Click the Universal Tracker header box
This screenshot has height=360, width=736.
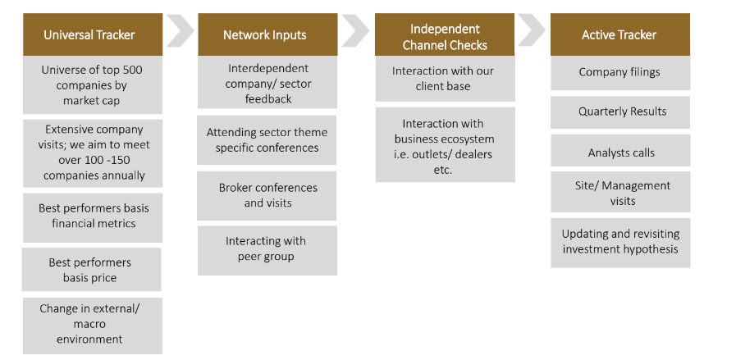pyautogui.click(x=89, y=34)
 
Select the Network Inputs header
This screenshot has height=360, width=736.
pyautogui.click(x=266, y=34)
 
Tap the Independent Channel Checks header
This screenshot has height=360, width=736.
pyautogui.click(x=445, y=37)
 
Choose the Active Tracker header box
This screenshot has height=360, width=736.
pyautogui.click(x=619, y=34)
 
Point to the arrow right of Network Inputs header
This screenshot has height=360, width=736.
pyautogui.click(x=355, y=31)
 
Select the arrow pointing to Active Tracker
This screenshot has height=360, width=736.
pyautogui.click(x=531, y=30)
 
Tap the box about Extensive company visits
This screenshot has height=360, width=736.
pyautogui.click(x=94, y=152)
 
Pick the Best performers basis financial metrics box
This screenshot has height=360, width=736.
pyautogui.click(x=93, y=216)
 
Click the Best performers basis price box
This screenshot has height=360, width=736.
pyautogui.click(x=90, y=270)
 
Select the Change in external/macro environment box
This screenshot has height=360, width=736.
pyautogui.click(x=92, y=324)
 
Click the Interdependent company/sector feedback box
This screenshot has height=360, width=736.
pyautogui.click(x=268, y=84)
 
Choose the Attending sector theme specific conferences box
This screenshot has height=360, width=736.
pyautogui.click(x=267, y=139)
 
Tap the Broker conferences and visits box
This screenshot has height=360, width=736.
pyautogui.click(x=267, y=195)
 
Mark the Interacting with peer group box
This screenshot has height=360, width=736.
pyautogui.click(x=267, y=248)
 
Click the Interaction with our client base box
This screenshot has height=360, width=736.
pyautogui.click(x=444, y=78)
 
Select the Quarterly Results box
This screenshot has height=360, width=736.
pyautogui.click(x=621, y=112)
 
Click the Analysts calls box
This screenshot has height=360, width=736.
pyautogui.click(x=620, y=153)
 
